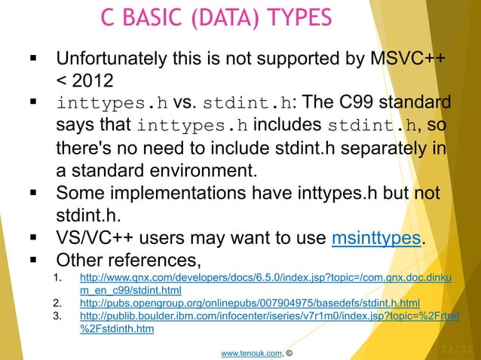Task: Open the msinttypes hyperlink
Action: [x=375, y=236]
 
